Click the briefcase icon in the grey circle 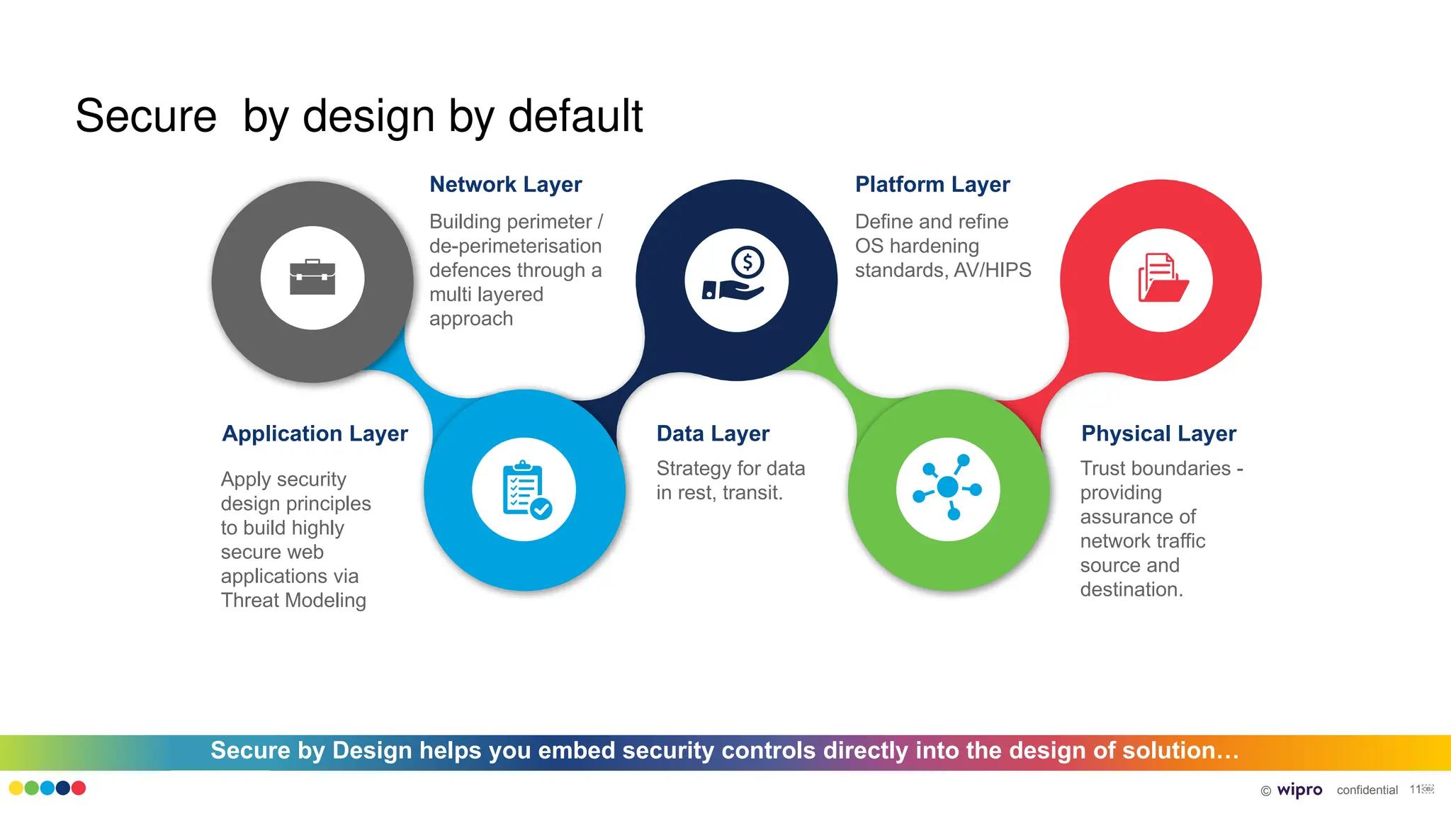click(312, 278)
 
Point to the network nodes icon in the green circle click(948, 488)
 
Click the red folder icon click(1162, 278)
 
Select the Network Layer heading click(505, 185)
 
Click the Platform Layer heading click(932, 185)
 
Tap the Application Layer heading click(315, 433)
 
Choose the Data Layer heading click(713, 433)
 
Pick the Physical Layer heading click(1158, 433)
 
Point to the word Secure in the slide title click(146, 116)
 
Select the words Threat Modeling click(293, 601)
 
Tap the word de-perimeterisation click(515, 246)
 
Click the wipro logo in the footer click(1299, 790)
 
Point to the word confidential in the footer click(1367, 790)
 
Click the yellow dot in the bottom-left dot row click(16, 788)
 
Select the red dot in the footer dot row click(79, 788)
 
